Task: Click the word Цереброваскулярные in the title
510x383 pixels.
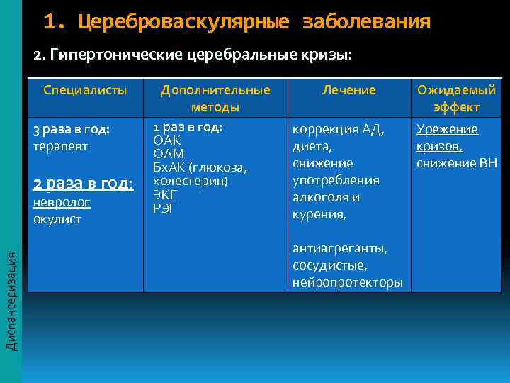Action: pyautogui.click(x=183, y=22)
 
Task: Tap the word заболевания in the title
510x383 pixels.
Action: pyautogui.click(x=366, y=22)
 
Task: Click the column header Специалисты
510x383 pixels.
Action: pyautogui.click(x=85, y=90)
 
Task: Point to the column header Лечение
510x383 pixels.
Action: pyautogui.click(x=348, y=90)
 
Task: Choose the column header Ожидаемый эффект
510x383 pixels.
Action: pyautogui.click(x=457, y=99)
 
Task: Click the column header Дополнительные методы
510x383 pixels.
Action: pyautogui.click(x=215, y=99)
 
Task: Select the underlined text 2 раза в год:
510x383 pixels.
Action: pyautogui.click(x=83, y=183)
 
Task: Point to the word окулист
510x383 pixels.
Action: pyautogui.click(x=57, y=219)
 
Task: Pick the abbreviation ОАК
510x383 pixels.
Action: pyautogui.click(x=168, y=140)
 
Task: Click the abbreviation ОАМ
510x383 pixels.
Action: pyautogui.click(x=169, y=154)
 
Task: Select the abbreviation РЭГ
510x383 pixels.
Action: pyautogui.click(x=164, y=208)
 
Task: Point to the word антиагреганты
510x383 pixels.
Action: pyautogui.click(x=339, y=249)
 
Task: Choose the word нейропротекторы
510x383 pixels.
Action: pyautogui.click(x=347, y=282)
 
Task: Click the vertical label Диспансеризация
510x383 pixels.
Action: pyautogui.click(x=11, y=294)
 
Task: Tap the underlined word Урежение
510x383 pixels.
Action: pyautogui.click(x=447, y=129)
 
